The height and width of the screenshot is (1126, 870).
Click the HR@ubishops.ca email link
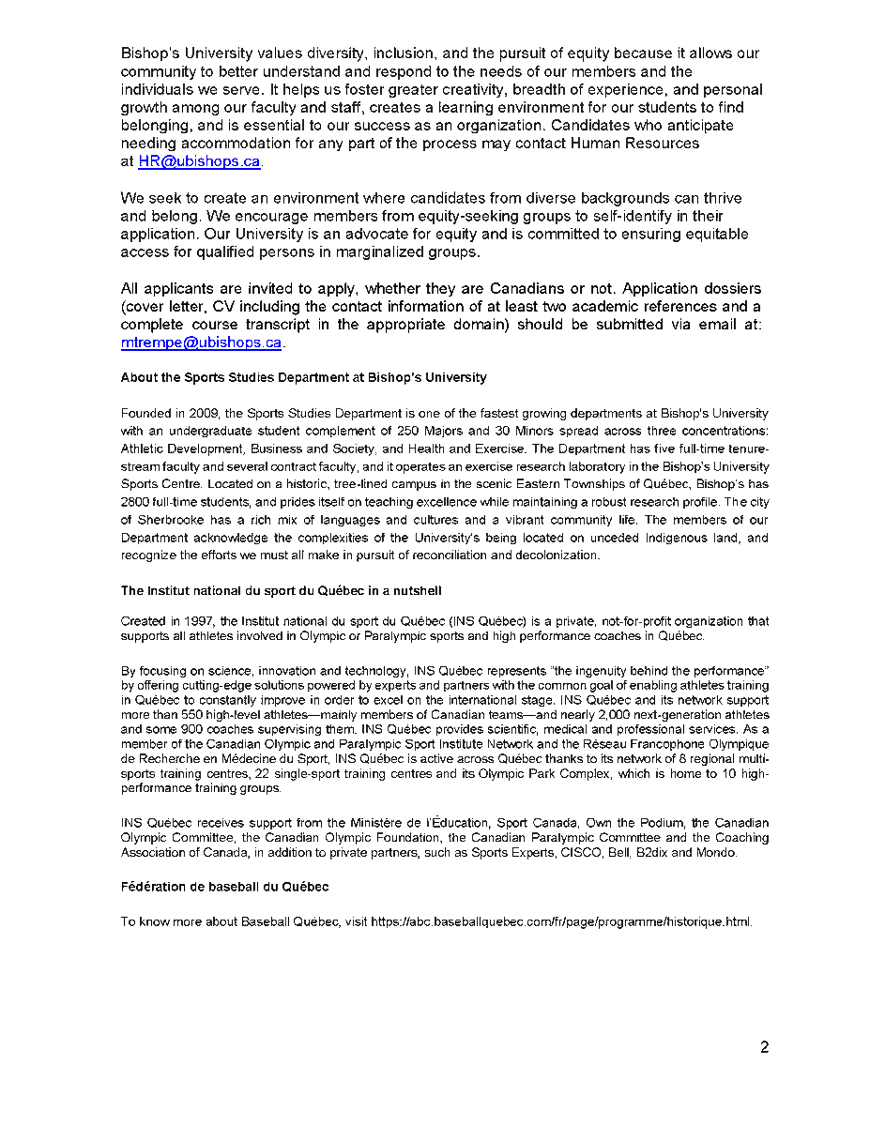[199, 161]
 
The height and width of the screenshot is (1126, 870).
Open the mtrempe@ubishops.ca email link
[201, 342]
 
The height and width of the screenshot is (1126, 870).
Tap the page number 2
[764, 1048]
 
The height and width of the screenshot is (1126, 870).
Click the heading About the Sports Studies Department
[303, 377]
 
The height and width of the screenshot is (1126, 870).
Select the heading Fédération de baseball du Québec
[224, 887]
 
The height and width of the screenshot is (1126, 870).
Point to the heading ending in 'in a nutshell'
[281, 590]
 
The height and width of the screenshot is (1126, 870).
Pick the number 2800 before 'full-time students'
[136, 502]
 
